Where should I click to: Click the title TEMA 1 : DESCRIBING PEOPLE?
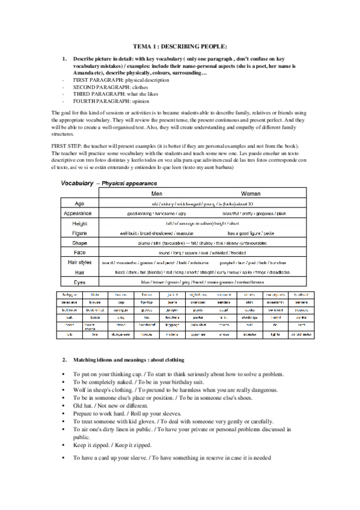[x=180, y=46]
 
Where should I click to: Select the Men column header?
[x=157, y=194]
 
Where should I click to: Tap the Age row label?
[x=79, y=204]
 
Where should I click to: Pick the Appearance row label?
[x=79, y=214]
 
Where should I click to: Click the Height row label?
[x=79, y=223]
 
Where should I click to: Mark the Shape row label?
[x=79, y=243]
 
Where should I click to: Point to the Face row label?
[x=79, y=253]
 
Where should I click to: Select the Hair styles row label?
[x=79, y=263]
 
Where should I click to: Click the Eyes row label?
[x=79, y=281]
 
